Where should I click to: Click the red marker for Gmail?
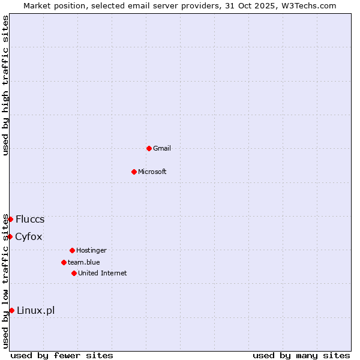[x=149, y=148]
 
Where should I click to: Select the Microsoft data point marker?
[x=134, y=172]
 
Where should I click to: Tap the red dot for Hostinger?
[x=72, y=250]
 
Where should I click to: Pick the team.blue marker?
[x=64, y=262]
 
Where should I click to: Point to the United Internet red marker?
[x=74, y=273]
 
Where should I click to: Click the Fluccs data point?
[x=10, y=219]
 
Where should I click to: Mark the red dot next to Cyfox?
[x=10, y=236]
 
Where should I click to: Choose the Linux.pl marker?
[x=11, y=310]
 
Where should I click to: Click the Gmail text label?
[x=162, y=148]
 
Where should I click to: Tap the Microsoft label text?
[x=152, y=172]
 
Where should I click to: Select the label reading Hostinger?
[x=91, y=250]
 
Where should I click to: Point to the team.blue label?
[x=84, y=262]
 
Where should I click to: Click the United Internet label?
[x=103, y=273]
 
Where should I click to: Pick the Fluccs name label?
[x=30, y=219]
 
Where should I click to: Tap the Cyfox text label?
[x=29, y=236]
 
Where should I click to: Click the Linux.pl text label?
[x=36, y=310]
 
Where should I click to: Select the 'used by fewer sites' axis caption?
[x=62, y=355]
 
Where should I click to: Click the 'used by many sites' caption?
[x=301, y=355]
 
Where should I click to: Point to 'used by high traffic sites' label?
[x=5, y=85]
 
